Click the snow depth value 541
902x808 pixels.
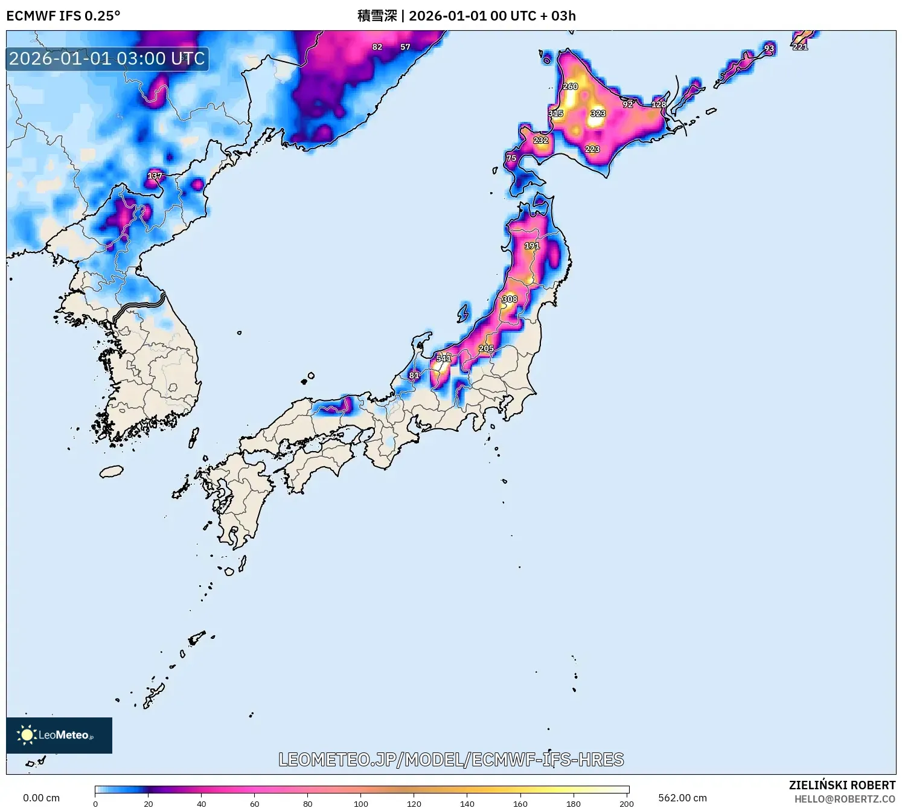point(444,359)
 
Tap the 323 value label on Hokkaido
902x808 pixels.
point(598,114)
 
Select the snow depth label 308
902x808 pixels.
point(510,299)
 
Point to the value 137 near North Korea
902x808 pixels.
point(155,176)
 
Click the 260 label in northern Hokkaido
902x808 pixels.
point(571,86)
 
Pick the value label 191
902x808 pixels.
point(532,246)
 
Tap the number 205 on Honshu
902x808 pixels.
point(487,348)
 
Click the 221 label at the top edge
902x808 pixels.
point(800,47)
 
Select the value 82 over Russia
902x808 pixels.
point(377,47)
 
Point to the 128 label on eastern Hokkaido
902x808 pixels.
point(659,104)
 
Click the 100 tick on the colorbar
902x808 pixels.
point(361,803)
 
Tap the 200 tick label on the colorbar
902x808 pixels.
point(627,803)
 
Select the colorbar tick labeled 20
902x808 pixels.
point(149,803)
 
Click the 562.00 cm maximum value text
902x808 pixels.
point(682,798)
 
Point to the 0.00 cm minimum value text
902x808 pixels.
point(41,798)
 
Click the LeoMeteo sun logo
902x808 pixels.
point(27,735)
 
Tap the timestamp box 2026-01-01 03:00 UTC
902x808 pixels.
point(107,59)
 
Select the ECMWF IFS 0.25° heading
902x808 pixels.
point(63,16)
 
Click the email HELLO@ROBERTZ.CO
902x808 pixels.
point(845,799)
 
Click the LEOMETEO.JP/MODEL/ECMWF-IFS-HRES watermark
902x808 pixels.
point(451,760)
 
